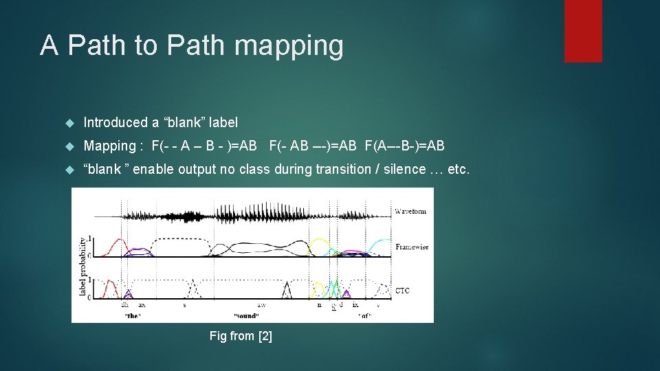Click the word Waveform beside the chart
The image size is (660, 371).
[410, 211]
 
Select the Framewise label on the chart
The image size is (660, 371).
[412, 247]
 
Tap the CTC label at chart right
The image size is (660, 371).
[402, 291]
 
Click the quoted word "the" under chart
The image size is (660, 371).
[133, 316]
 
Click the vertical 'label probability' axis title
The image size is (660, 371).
[82, 267]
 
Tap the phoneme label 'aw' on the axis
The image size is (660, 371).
[261, 304]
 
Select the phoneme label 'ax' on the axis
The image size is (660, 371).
[142, 304]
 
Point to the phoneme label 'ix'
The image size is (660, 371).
[355, 304]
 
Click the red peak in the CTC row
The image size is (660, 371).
[111, 283]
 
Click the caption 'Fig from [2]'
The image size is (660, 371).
[241, 336]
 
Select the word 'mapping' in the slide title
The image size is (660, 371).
[289, 45]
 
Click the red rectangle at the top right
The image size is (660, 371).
[583, 31]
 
